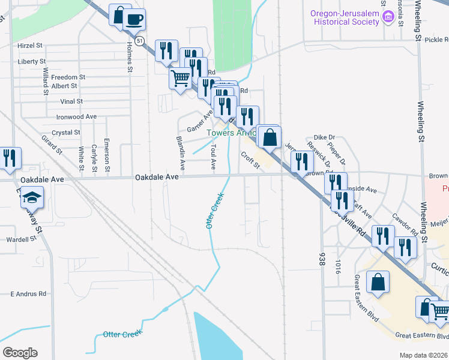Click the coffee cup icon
coord(134,19)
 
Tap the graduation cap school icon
coord(31,197)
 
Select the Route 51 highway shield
coord(139,41)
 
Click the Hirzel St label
coord(30,45)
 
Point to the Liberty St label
coord(32,61)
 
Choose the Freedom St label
coord(68,77)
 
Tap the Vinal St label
coord(71,102)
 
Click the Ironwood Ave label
coord(76,117)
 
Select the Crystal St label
coord(66,133)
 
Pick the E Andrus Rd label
coord(28,294)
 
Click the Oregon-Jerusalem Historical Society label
coord(345,17)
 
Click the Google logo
coord(20,353)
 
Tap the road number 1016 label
coord(338,267)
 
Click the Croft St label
coord(250,160)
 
